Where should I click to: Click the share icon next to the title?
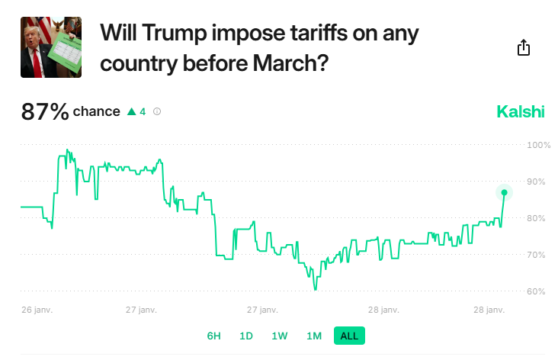pyautogui.click(x=523, y=48)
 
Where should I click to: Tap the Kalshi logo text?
pyautogui.click(x=521, y=112)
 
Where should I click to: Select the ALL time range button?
pyautogui.click(x=349, y=336)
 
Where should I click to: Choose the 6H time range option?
pyautogui.click(x=214, y=336)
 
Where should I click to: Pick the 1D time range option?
pyautogui.click(x=246, y=336)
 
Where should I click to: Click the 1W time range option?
pyautogui.click(x=280, y=336)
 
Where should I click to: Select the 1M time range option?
pyautogui.click(x=314, y=336)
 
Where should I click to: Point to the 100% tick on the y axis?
pyautogui.click(x=539, y=145)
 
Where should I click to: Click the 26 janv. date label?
pyautogui.click(x=37, y=310)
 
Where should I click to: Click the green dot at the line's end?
pyautogui.click(x=504, y=192)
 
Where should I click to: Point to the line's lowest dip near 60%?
pyautogui.click(x=315, y=289)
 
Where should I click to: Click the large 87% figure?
pyautogui.click(x=45, y=112)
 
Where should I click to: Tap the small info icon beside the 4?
pyautogui.click(x=157, y=112)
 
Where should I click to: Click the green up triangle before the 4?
pyautogui.click(x=131, y=112)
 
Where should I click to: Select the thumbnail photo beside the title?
pyautogui.click(x=51, y=47)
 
